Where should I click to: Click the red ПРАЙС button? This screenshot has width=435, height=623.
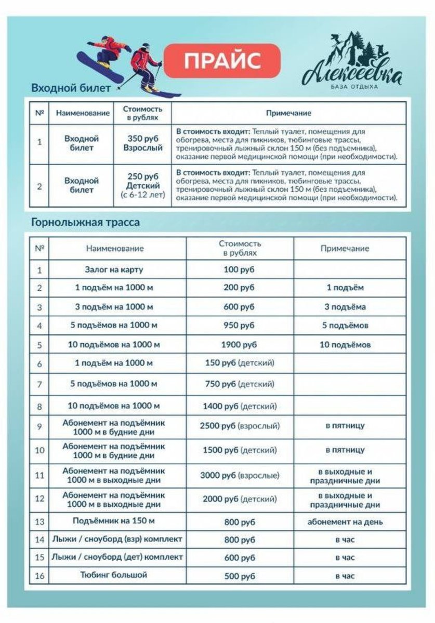pyautogui.click(x=222, y=61)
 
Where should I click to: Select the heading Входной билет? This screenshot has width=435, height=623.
pyautogui.click(x=71, y=88)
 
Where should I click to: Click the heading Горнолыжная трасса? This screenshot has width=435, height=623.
pyautogui.click(x=85, y=223)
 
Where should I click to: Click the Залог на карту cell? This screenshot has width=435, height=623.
pyautogui.click(x=114, y=270)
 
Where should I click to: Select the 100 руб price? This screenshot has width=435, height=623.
pyautogui.click(x=239, y=270)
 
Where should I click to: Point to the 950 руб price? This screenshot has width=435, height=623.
pyautogui.click(x=239, y=326)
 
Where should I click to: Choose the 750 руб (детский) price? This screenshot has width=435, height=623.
pyautogui.click(x=239, y=384)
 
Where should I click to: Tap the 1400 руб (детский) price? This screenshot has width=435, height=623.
pyautogui.click(x=239, y=406)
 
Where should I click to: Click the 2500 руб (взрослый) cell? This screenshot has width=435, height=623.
pyautogui.click(x=239, y=426)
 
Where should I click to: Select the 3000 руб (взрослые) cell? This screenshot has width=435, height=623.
pyautogui.click(x=239, y=476)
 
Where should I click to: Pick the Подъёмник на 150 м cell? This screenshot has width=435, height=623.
pyautogui.click(x=114, y=521)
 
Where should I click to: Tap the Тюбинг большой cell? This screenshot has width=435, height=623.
pyautogui.click(x=114, y=575)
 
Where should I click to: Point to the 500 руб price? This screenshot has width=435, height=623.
pyautogui.click(x=239, y=576)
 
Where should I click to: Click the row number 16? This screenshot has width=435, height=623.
pyautogui.click(x=39, y=576)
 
